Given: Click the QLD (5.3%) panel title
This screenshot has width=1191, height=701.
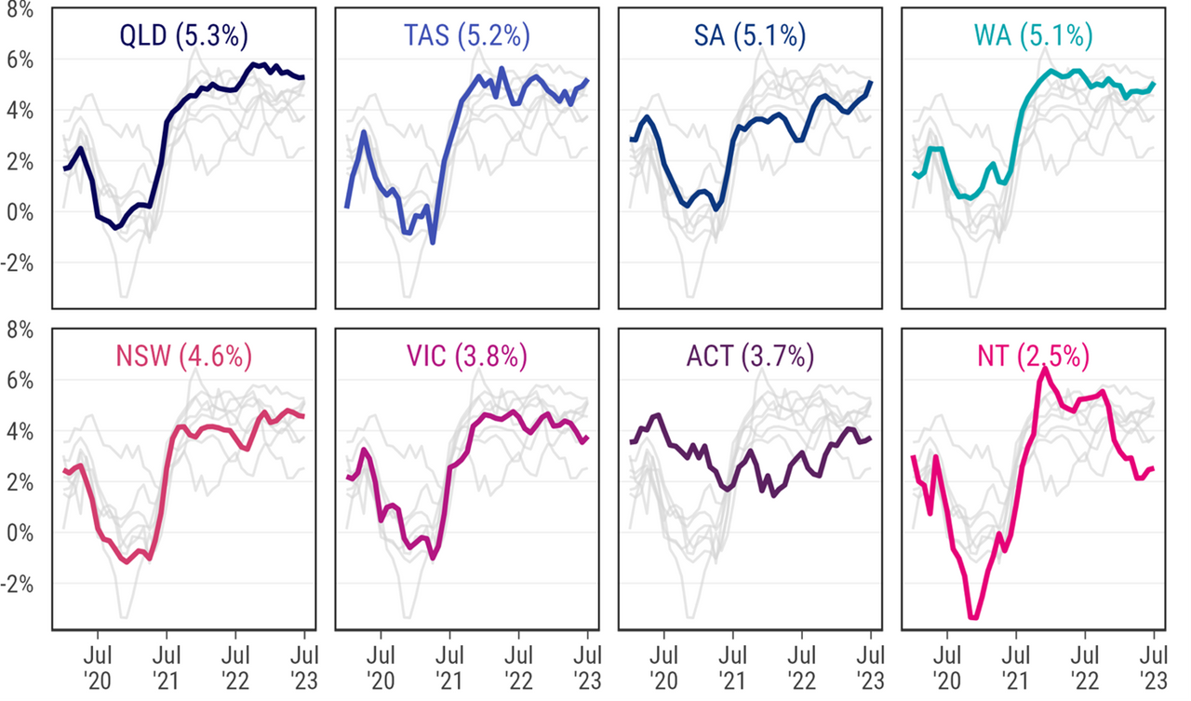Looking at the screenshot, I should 184,36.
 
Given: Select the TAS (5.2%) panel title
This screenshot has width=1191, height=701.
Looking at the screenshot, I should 467,36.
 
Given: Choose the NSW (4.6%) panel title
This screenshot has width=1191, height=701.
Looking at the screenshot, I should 184,357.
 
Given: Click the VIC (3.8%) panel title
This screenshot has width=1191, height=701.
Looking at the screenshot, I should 467,357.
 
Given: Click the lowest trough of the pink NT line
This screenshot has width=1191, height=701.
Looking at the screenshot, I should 974,617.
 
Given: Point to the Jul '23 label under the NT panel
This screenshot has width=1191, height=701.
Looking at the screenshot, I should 1154,667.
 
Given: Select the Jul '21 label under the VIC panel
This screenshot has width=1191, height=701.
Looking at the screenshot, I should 449,667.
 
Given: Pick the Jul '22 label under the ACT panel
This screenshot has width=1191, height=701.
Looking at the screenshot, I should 801,667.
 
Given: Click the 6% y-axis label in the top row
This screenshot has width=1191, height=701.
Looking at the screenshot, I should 20,60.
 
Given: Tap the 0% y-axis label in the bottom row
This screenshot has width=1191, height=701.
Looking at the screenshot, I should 20,533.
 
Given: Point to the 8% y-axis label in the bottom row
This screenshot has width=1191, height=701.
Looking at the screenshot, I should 20,330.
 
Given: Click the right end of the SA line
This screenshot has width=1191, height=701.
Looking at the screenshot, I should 871,82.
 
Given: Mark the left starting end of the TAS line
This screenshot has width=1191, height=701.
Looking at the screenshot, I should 346,207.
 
